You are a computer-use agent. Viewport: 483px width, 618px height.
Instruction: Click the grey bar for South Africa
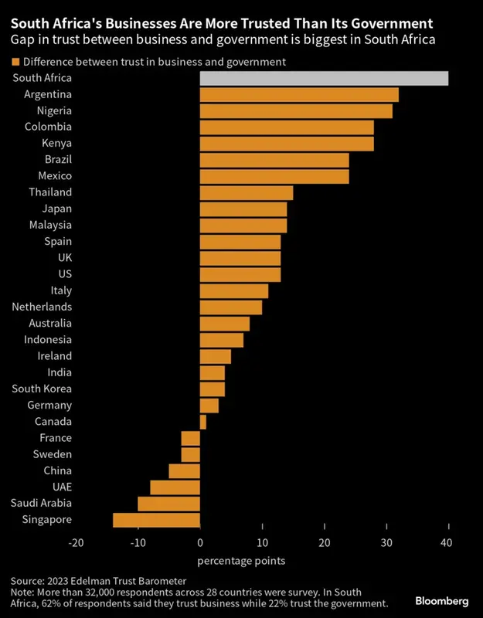324,78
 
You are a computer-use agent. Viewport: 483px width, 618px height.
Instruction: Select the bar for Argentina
299,94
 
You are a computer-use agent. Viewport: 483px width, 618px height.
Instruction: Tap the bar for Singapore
156,520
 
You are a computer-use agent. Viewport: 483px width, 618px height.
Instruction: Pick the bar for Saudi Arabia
168,504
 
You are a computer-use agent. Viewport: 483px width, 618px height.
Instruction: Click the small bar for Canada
203,422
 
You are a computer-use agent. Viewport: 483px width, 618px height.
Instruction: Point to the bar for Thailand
247,192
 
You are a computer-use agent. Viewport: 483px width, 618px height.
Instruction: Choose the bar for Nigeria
296,110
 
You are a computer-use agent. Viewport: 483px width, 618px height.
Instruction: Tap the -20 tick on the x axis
76,543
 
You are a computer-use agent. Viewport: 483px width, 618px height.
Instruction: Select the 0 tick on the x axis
200,543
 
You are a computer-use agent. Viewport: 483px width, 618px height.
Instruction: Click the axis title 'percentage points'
242,560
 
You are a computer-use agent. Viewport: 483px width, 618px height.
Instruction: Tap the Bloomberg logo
441,600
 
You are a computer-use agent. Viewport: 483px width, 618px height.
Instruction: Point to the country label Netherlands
42,307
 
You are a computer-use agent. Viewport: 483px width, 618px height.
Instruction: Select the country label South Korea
46,389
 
